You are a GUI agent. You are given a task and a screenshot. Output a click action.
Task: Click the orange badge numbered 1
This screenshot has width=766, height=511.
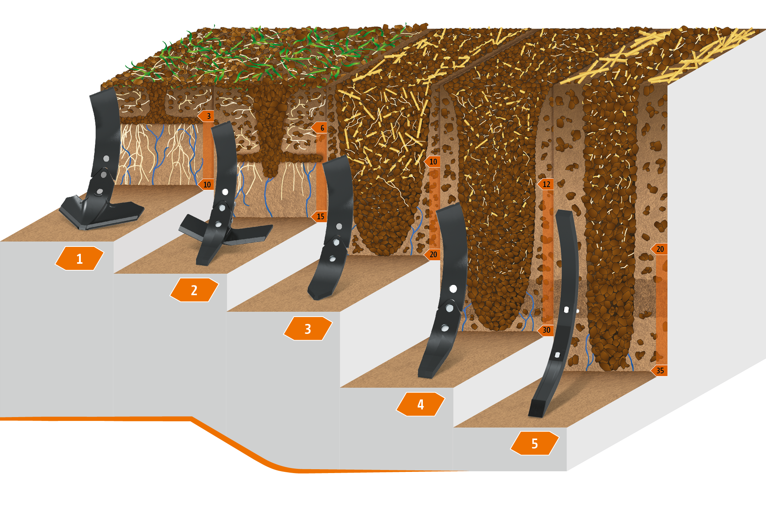coord(79,258)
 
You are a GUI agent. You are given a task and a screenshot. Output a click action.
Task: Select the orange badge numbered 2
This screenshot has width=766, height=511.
coord(194,290)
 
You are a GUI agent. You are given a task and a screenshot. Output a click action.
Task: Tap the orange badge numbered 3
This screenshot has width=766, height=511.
coord(308,329)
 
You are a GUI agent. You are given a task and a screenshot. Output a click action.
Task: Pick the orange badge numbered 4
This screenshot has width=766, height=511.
coord(421,404)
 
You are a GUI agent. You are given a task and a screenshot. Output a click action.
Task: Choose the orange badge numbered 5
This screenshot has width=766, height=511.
coord(535,443)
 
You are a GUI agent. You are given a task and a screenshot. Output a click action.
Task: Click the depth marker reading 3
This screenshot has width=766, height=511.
coord(206,116)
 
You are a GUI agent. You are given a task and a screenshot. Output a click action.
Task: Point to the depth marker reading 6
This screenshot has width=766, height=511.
coord(319,128)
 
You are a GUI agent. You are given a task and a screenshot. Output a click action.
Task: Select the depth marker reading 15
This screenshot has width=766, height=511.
coord(319,216)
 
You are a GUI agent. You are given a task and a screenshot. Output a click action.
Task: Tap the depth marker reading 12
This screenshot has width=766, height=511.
coord(545,184)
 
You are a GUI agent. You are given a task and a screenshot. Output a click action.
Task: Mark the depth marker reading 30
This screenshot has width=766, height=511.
coord(545,330)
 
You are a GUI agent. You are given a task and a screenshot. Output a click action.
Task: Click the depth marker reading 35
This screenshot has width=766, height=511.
coord(659,371)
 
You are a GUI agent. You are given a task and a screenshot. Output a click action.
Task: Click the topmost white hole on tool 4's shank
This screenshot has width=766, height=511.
coord(453,289)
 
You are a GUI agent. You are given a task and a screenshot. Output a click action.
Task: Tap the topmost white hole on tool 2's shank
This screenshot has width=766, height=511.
coord(225,192)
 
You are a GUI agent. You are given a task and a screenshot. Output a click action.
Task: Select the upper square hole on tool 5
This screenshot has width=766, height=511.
coord(566,309)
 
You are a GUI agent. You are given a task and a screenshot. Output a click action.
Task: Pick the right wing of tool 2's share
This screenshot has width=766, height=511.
coord(249,234)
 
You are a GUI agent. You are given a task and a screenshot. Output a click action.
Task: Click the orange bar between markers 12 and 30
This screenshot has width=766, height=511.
coord(547,257)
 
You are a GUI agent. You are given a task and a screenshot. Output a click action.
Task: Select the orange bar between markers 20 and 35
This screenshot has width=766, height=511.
coord(661,310)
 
